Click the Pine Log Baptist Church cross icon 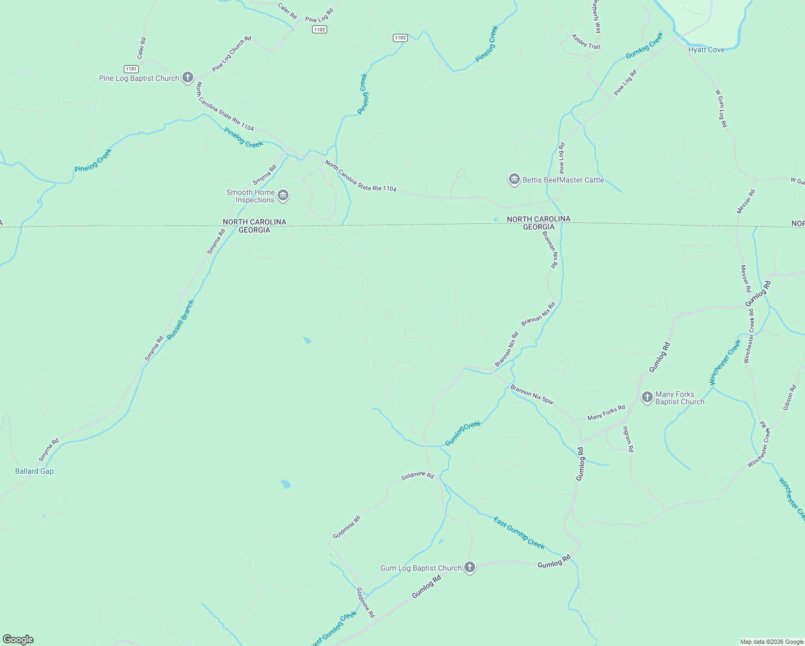point(188,78)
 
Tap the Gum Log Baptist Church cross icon point(470,567)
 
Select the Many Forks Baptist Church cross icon point(647,398)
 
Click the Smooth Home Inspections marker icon point(283,196)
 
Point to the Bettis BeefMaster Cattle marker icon point(514,180)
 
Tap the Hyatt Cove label point(706,50)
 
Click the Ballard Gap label point(34,471)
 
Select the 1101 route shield point(131,69)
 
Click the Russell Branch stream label point(180,320)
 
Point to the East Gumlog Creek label point(519,532)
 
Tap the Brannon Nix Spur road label point(532,394)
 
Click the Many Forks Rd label point(606,412)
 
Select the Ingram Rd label point(628,439)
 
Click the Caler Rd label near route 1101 point(142,48)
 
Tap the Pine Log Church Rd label point(231,54)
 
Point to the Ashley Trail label point(585,42)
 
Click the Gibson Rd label point(788,398)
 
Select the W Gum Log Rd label point(721,108)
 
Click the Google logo point(18,640)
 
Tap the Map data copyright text point(772,642)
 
